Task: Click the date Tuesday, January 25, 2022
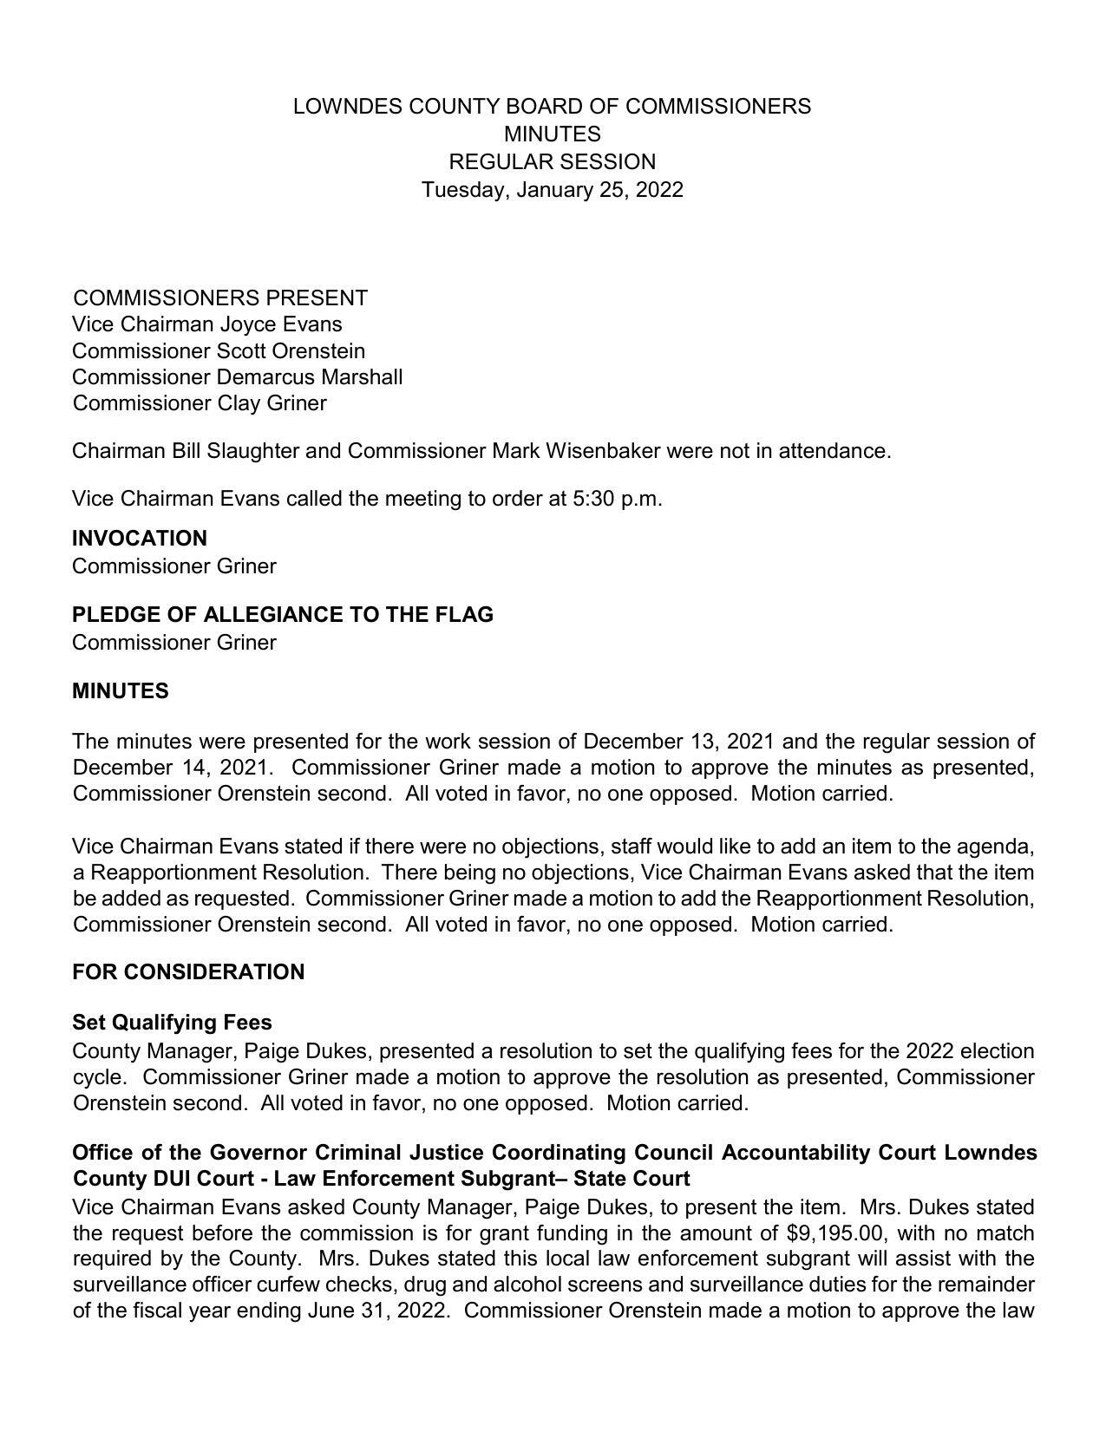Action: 552,190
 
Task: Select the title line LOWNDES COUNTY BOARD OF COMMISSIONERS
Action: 552,107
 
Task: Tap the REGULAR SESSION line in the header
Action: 552,162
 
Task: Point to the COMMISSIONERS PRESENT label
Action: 220,298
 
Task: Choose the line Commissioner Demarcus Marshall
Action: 237,377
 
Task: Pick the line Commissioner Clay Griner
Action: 200,403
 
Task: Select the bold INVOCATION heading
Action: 140,539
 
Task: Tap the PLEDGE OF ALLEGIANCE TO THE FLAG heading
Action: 283,615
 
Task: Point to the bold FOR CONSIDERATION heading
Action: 188,972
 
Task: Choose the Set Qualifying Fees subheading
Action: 172,1023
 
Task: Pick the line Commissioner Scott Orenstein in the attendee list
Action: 219,351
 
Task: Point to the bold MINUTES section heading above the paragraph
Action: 121,691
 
